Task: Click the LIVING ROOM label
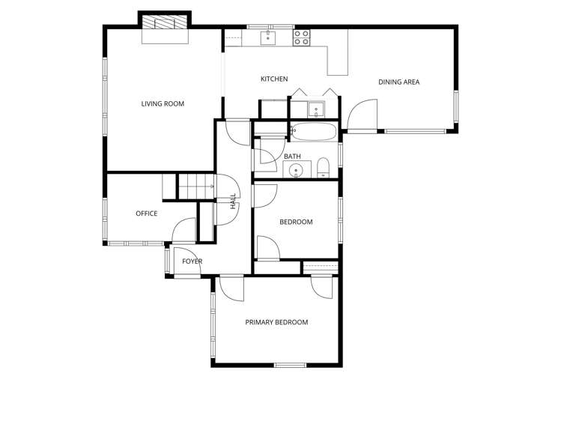click(163, 103)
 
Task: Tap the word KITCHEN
click(273, 79)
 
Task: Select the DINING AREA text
click(398, 82)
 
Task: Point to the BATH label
click(292, 157)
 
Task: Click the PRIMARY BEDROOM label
click(276, 322)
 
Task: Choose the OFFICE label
click(146, 213)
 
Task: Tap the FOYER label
click(192, 261)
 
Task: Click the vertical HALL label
click(233, 200)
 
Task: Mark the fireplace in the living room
click(165, 22)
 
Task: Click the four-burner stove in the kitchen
click(302, 37)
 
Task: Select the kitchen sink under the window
click(268, 37)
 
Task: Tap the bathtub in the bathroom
click(312, 133)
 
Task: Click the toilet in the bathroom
click(323, 166)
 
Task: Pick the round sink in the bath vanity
click(298, 170)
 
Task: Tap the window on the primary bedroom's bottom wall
click(290, 365)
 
